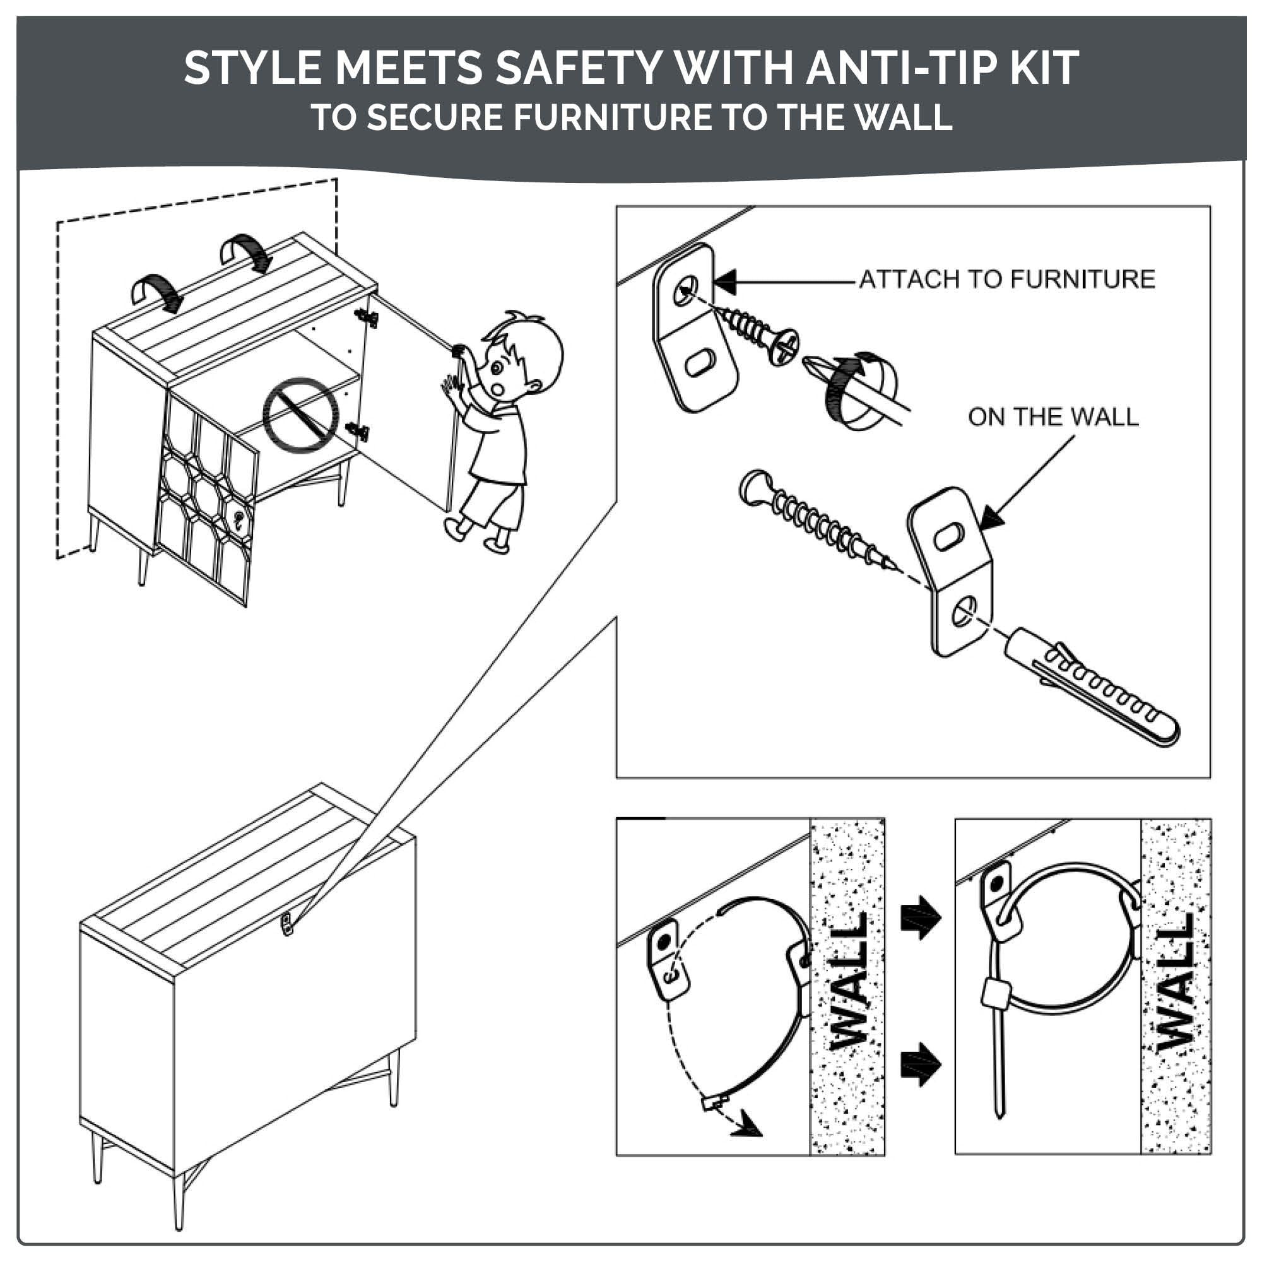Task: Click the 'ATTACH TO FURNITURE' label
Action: (x=1006, y=279)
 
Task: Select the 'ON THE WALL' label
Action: (x=1053, y=416)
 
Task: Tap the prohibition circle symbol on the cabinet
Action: (x=301, y=413)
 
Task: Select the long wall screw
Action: (x=817, y=520)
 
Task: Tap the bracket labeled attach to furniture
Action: (x=695, y=328)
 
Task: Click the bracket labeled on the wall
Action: (x=950, y=571)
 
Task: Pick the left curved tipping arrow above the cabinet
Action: (x=157, y=292)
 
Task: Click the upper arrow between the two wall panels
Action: (x=921, y=917)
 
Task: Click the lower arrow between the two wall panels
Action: (x=921, y=1064)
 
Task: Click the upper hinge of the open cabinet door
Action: (x=367, y=317)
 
